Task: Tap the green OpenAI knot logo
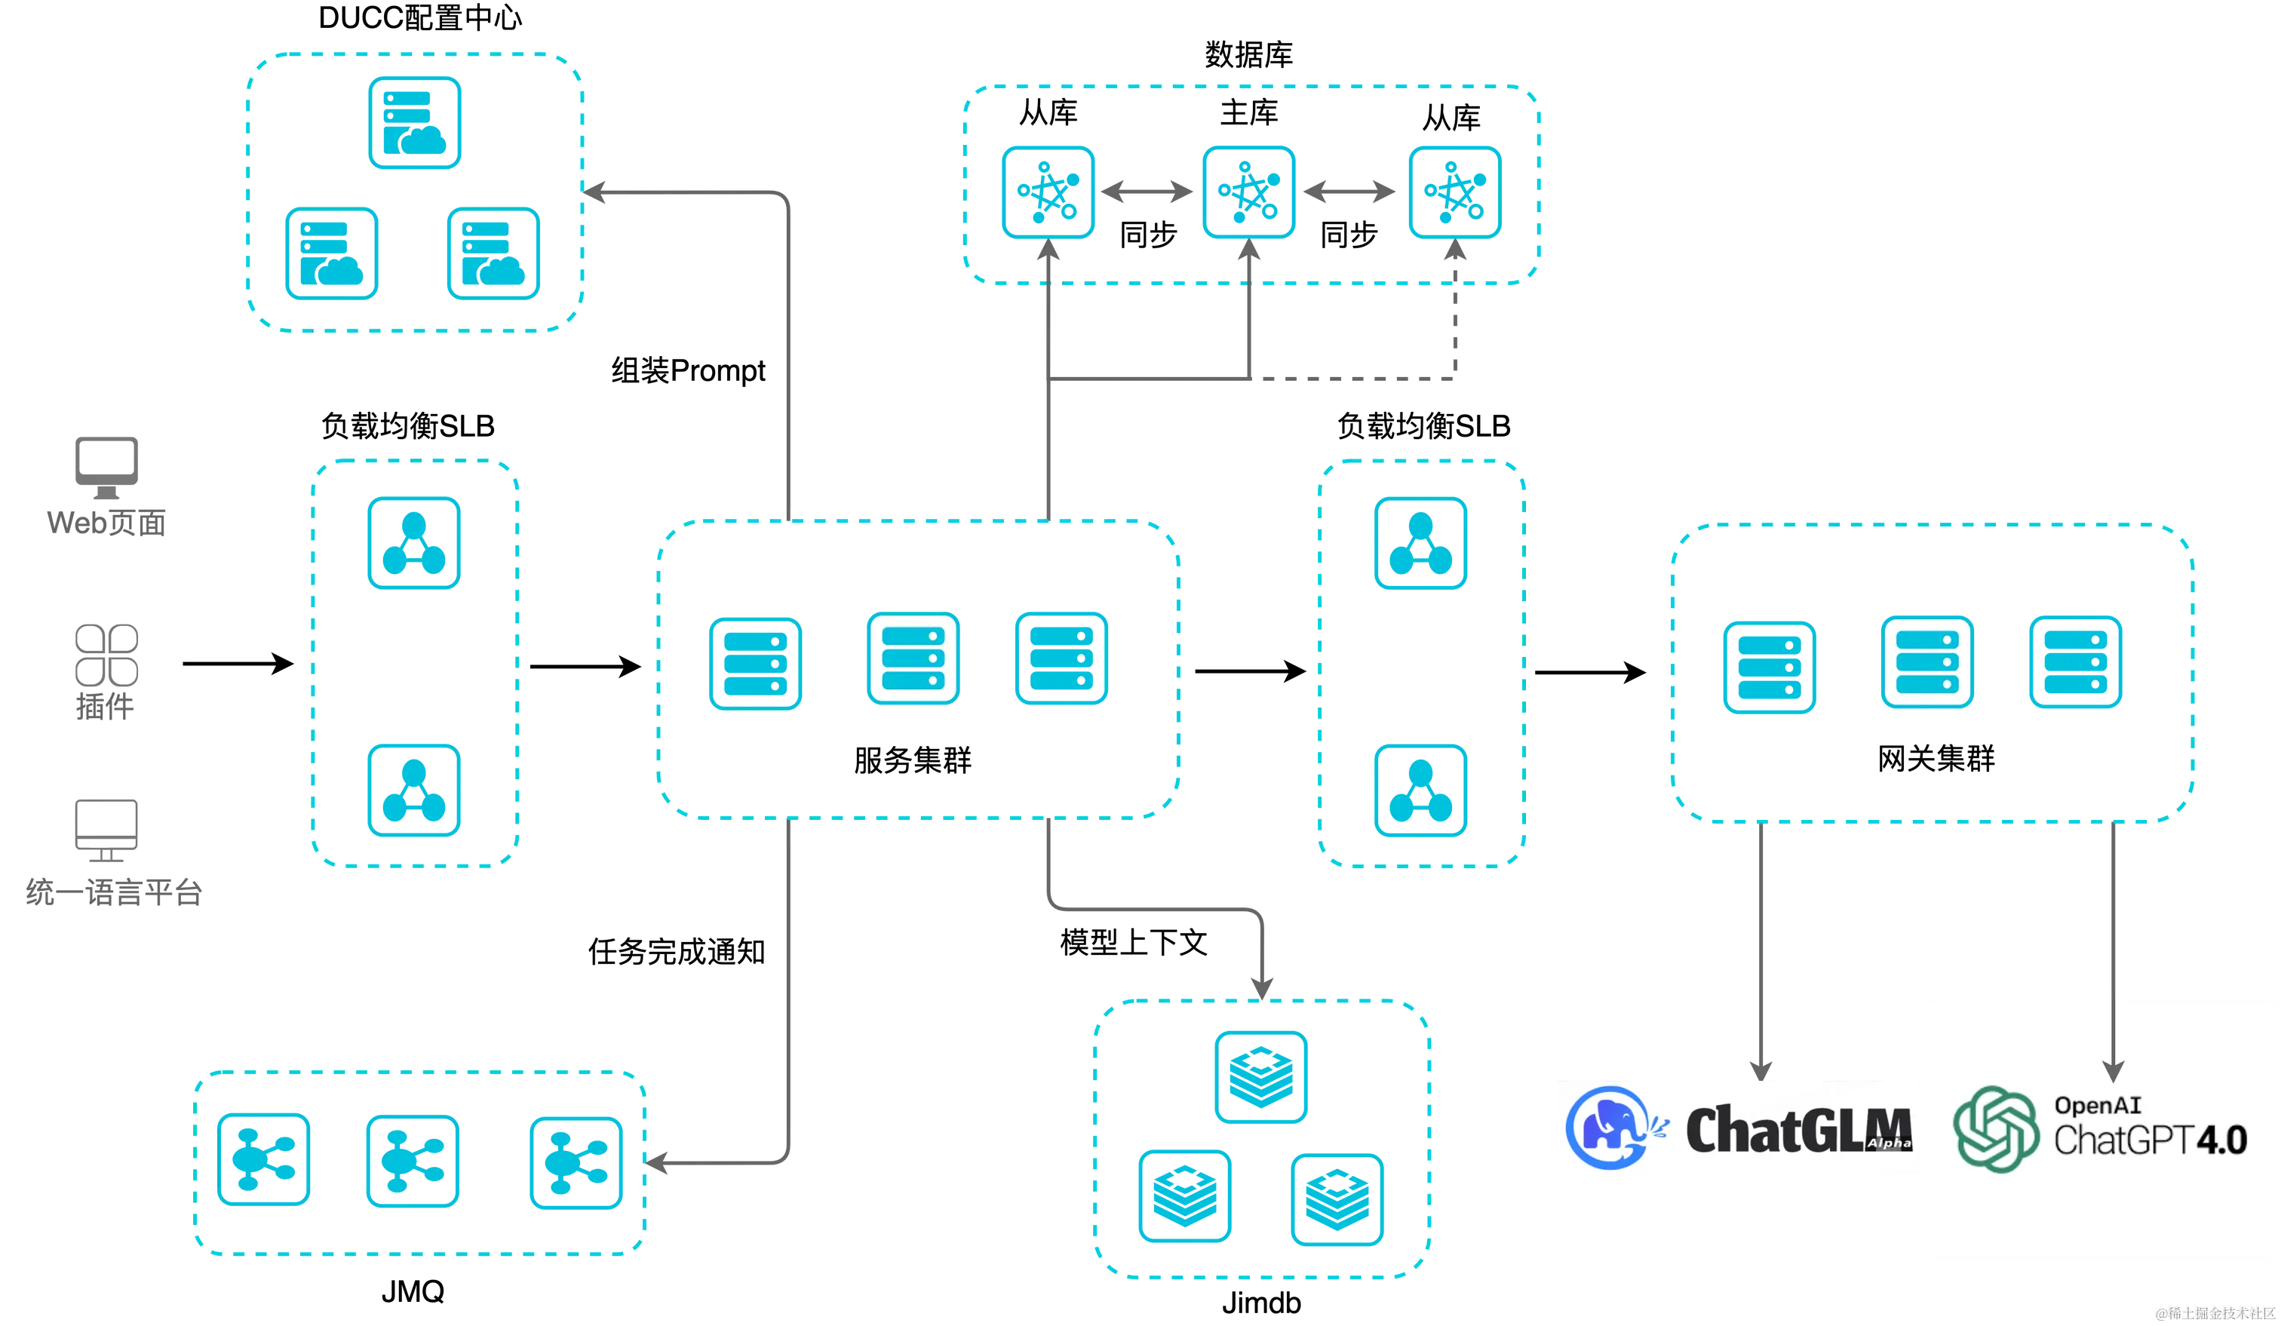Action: click(x=1995, y=1128)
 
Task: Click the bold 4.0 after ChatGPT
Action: click(x=2222, y=1140)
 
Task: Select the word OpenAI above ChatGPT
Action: click(x=2097, y=1105)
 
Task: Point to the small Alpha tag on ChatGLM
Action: click(x=1890, y=1143)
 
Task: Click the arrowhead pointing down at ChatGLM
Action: click(x=1761, y=1069)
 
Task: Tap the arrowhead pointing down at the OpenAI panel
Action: click(x=2113, y=1071)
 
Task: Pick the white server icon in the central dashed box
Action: click(x=913, y=659)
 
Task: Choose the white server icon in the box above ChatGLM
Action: click(x=1926, y=661)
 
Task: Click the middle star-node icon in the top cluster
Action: click(x=1249, y=191)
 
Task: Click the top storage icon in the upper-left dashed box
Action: click(x=413, y=123)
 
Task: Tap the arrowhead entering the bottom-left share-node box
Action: click(x=656, y=1162)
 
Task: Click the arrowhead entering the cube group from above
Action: click(x=1262, y=983)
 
